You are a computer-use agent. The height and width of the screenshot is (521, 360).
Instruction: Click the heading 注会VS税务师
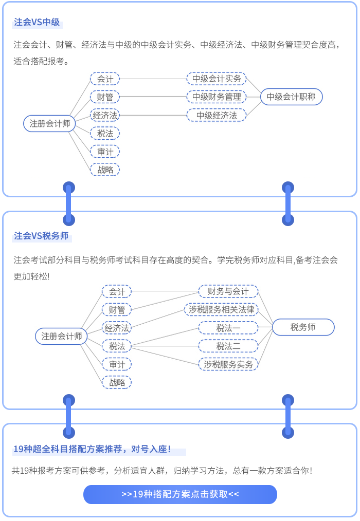click(41, 236)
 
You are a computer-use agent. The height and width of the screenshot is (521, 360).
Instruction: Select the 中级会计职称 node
click(291, 97)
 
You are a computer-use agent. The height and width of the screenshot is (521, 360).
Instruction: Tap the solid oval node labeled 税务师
click(303, 327)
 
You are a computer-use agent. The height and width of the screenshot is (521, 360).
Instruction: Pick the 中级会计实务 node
click(217, 79)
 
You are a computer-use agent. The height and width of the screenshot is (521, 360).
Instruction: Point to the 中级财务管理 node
click(217, 97)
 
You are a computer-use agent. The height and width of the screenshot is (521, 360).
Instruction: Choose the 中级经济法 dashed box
click(217, 115)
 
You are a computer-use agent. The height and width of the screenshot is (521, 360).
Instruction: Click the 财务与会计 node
click(228, 291)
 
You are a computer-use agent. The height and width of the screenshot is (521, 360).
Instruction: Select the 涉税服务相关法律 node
click(221, 309)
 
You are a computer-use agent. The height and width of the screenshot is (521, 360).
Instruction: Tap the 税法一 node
click(228, 327)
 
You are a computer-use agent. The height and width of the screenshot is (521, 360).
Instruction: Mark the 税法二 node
click(228, 346)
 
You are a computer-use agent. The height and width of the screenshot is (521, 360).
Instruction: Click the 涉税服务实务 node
click(228, 364)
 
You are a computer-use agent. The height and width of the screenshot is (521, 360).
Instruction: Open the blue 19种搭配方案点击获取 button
click(180, 494)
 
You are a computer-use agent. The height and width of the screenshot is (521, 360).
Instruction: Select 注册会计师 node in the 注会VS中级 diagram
click(50, 124)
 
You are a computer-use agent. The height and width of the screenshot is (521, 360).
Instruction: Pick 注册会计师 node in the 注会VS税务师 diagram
click(62, 337)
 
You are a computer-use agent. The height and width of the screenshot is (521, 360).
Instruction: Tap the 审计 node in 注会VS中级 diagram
click(105, 152)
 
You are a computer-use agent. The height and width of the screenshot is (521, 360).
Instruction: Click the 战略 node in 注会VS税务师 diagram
click(117, 382)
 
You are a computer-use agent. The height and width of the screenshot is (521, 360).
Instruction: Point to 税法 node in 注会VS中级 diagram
click(105, 134)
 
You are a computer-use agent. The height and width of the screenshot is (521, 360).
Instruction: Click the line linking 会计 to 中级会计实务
click(153, 79)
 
